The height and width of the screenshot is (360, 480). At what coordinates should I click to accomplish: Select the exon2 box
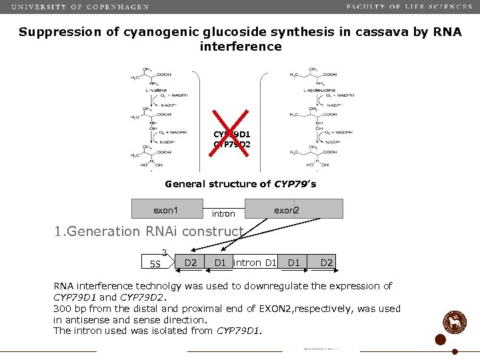pos(294,209)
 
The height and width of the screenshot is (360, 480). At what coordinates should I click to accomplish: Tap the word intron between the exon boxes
pos(223,214)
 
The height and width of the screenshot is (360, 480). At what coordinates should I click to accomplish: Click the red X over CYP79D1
pos(230,133)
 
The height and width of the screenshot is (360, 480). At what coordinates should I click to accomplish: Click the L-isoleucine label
pos(319,90)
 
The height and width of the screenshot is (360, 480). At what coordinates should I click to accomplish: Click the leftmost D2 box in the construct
pos(191,262)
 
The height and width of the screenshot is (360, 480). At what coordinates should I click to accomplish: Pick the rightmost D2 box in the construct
pos(327,262)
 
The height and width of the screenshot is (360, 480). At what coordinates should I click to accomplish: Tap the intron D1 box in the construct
pos(254,262)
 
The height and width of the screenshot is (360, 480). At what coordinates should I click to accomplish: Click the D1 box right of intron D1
pos(294,262)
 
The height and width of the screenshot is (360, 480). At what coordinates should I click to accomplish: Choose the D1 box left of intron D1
pos(220,262)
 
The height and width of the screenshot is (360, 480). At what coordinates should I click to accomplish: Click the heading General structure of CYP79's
pos(240,184)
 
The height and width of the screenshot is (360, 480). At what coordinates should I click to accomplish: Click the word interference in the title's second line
pos(241,47)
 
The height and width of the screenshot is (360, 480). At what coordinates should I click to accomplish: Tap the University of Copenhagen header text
pos(81,7)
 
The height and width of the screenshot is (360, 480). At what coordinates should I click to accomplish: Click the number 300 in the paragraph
pos(63,309)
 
